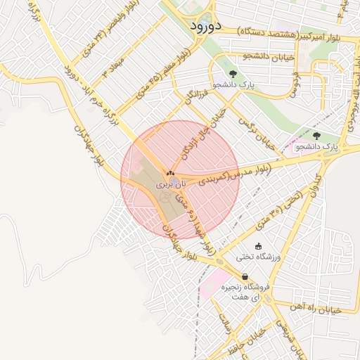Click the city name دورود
coord(206,25)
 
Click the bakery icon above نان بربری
coord(169,172)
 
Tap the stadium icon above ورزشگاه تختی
coord(258,246)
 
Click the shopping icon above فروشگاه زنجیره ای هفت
coord(244,276)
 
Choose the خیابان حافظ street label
coord(246,340)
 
